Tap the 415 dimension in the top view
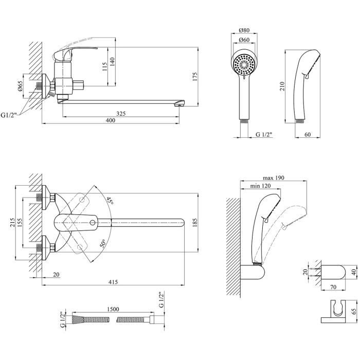114,282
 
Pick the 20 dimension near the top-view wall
56,274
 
